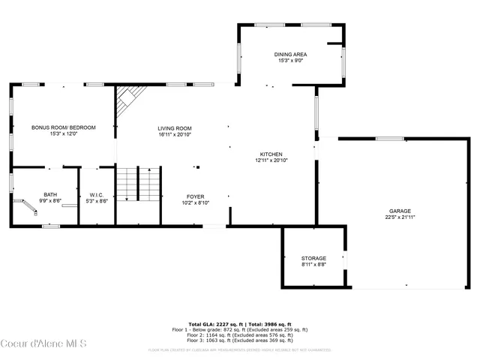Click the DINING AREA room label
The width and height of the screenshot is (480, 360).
290,54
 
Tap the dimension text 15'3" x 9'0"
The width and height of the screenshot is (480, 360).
290,60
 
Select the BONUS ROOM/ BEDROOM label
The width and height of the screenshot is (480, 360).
64,127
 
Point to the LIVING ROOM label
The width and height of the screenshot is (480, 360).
175,128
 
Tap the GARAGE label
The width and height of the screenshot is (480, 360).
400,211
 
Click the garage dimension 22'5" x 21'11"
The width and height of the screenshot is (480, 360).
400,217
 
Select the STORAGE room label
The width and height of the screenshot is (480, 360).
313,258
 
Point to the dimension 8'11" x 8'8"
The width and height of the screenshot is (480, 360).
313,264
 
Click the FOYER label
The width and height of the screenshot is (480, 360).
196,196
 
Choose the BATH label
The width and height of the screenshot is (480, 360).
50,194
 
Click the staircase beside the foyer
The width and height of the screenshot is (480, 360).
139,184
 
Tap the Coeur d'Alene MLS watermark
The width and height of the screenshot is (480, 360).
44,344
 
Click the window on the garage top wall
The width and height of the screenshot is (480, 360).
390,138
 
